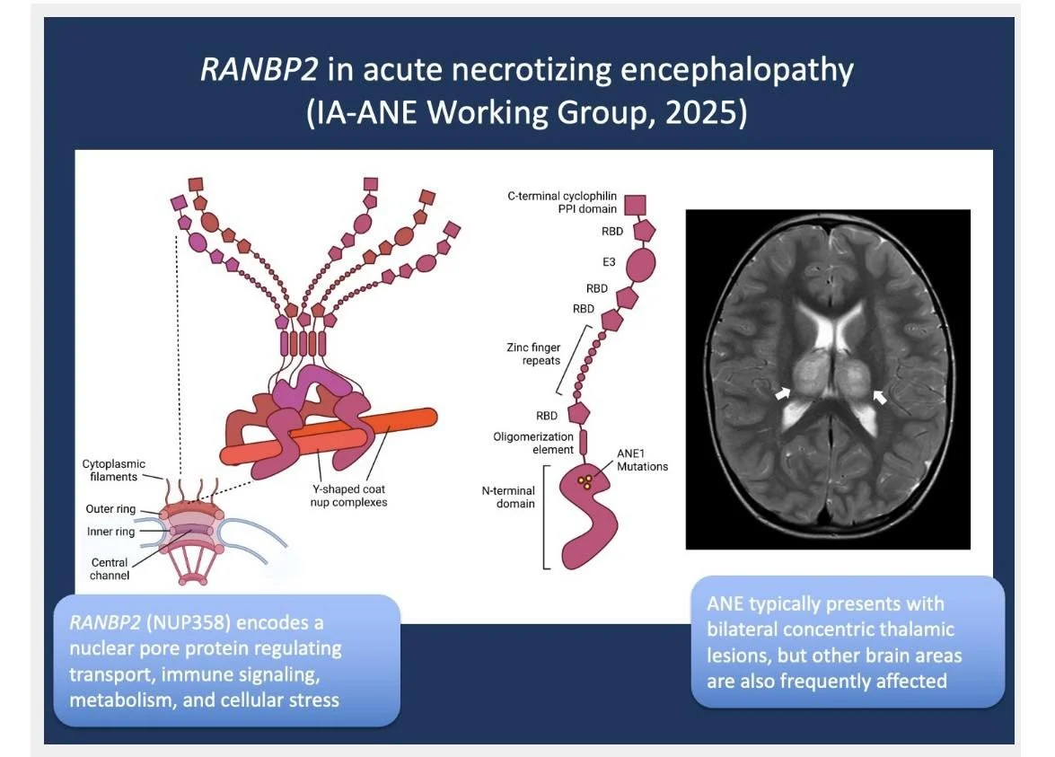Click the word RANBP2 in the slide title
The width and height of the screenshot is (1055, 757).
[259, 70]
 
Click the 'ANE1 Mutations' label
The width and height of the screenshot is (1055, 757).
[642, 460]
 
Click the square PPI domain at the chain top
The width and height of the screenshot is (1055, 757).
[637, 205]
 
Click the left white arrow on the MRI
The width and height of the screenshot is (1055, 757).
[785, 392]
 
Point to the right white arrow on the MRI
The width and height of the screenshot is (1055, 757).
[881, 396]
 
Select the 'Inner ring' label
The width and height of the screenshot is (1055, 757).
[110, 532]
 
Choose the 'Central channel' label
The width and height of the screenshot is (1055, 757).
[110, 568]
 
